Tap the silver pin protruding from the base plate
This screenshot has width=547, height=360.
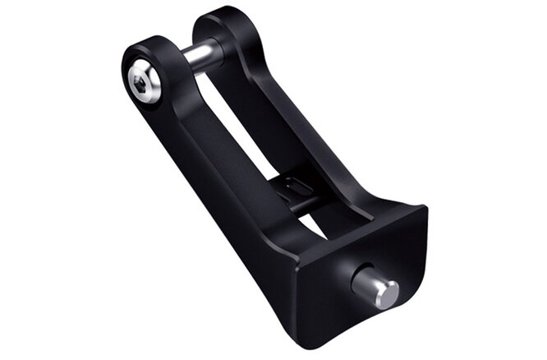pos(375,288)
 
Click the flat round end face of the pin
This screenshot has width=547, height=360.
pos(386,293)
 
